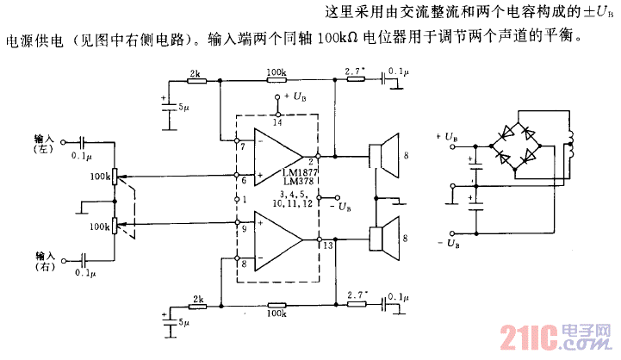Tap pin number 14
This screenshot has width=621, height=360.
coord(277,123)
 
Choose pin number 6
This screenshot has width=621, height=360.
coord(244,180)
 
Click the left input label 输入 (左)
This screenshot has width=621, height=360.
coord(44,143)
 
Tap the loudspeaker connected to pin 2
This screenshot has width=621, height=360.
coord(383,156)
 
